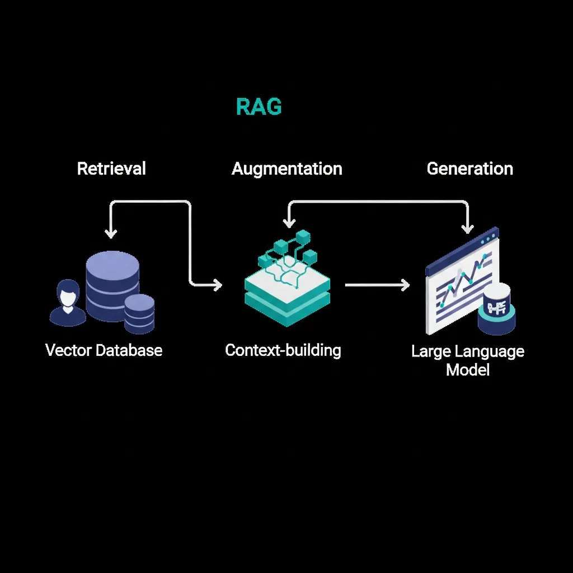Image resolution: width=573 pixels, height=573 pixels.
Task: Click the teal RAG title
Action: coord(259,106)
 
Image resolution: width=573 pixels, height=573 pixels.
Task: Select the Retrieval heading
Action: coord(111,168)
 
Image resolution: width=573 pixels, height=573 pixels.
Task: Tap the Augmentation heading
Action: coord(286,168)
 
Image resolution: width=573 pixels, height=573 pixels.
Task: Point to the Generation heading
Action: coord(469,168)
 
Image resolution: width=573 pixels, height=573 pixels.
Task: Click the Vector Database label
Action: coord(104,351)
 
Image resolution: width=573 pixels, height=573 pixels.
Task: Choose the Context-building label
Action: coord(283,351)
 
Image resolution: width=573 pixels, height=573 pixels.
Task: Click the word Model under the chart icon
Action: coord(468,370)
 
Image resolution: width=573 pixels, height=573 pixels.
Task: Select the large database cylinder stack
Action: coord(112,280)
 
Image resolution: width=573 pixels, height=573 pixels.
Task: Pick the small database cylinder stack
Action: coord(139,313)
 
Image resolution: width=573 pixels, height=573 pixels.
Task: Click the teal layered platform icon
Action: coord(287,297)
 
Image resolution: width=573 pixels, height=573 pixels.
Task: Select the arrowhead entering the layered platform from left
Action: coord(217,285)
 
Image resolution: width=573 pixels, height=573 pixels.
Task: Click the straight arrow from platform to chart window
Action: coord(376,285)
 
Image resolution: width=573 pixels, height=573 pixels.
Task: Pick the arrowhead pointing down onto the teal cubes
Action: coord(289,223)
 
